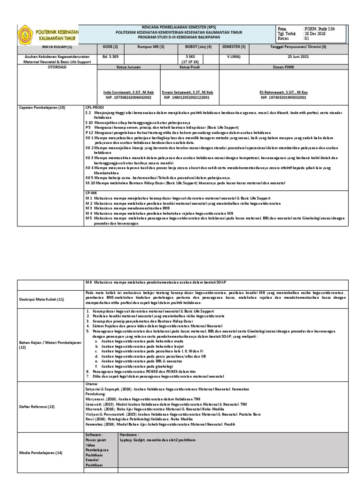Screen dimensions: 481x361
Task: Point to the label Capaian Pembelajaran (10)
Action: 39,108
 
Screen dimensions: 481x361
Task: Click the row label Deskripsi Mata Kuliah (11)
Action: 41,299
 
